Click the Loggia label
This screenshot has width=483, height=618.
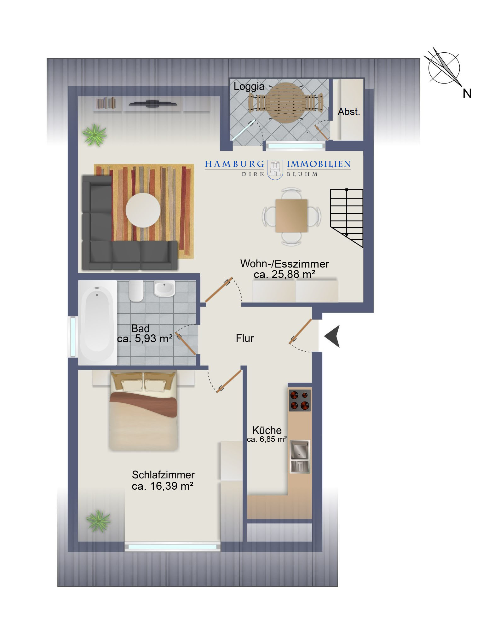pyautogui.click(x=249, y=87)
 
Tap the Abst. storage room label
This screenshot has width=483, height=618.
pyautogui.click(x=349, y=112)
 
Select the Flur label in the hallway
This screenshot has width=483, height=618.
pyautogui.click(x=245, y=338)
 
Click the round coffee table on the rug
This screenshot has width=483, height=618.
pyautogui.click(x=143, y=210)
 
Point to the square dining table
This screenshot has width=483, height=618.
pyautogui.click(x=291, y=216)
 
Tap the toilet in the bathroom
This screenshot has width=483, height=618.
pyautogui.click(x=136, y=291)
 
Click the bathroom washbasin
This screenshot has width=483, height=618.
pyautogui.click(x=164, y=288)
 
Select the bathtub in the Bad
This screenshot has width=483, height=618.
pyautogui.click(x=97, y=323)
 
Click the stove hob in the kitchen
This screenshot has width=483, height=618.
pyautogui.click(x=300, y=400)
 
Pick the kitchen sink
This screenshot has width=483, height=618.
pyautogui.click(x=300, y=457)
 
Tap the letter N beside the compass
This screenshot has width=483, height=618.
pyautogui.click(x=467, y=93)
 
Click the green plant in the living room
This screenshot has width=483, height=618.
pyautogui.click(x=95, y=135)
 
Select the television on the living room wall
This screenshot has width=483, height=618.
pyautogui.click(x=152, y=103)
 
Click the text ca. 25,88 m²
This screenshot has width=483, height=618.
pyautogui.click(x=285, y=274)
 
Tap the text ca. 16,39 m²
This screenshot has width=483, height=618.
pyautogui.click(x=163, y=486)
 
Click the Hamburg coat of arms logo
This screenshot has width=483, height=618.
pyautogui.click(x=275, y=170)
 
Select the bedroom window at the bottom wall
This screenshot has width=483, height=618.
pyautogui.click(x=173, y=547)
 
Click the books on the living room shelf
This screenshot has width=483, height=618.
pyautogui.click(x=106, y=103)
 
